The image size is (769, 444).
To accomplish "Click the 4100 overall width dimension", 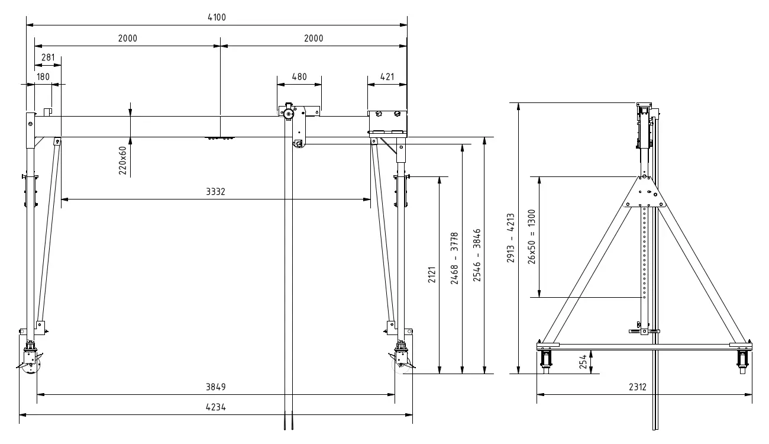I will point(217,18).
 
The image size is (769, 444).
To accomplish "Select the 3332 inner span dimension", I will point(216,192).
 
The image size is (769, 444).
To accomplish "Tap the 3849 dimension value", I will point(216,387).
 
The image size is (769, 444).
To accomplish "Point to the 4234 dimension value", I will point(216,408).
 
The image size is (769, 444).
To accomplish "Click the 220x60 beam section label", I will point(122,160).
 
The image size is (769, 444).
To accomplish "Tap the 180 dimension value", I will point(43,76).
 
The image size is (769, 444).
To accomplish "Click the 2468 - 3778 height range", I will point(454,258).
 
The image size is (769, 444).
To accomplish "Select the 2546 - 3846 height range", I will point(477,258).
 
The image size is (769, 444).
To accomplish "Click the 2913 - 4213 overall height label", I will point(512,238).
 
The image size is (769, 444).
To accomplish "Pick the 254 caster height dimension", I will point(583,362).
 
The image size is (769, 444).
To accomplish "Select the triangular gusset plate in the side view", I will point(645,192).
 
